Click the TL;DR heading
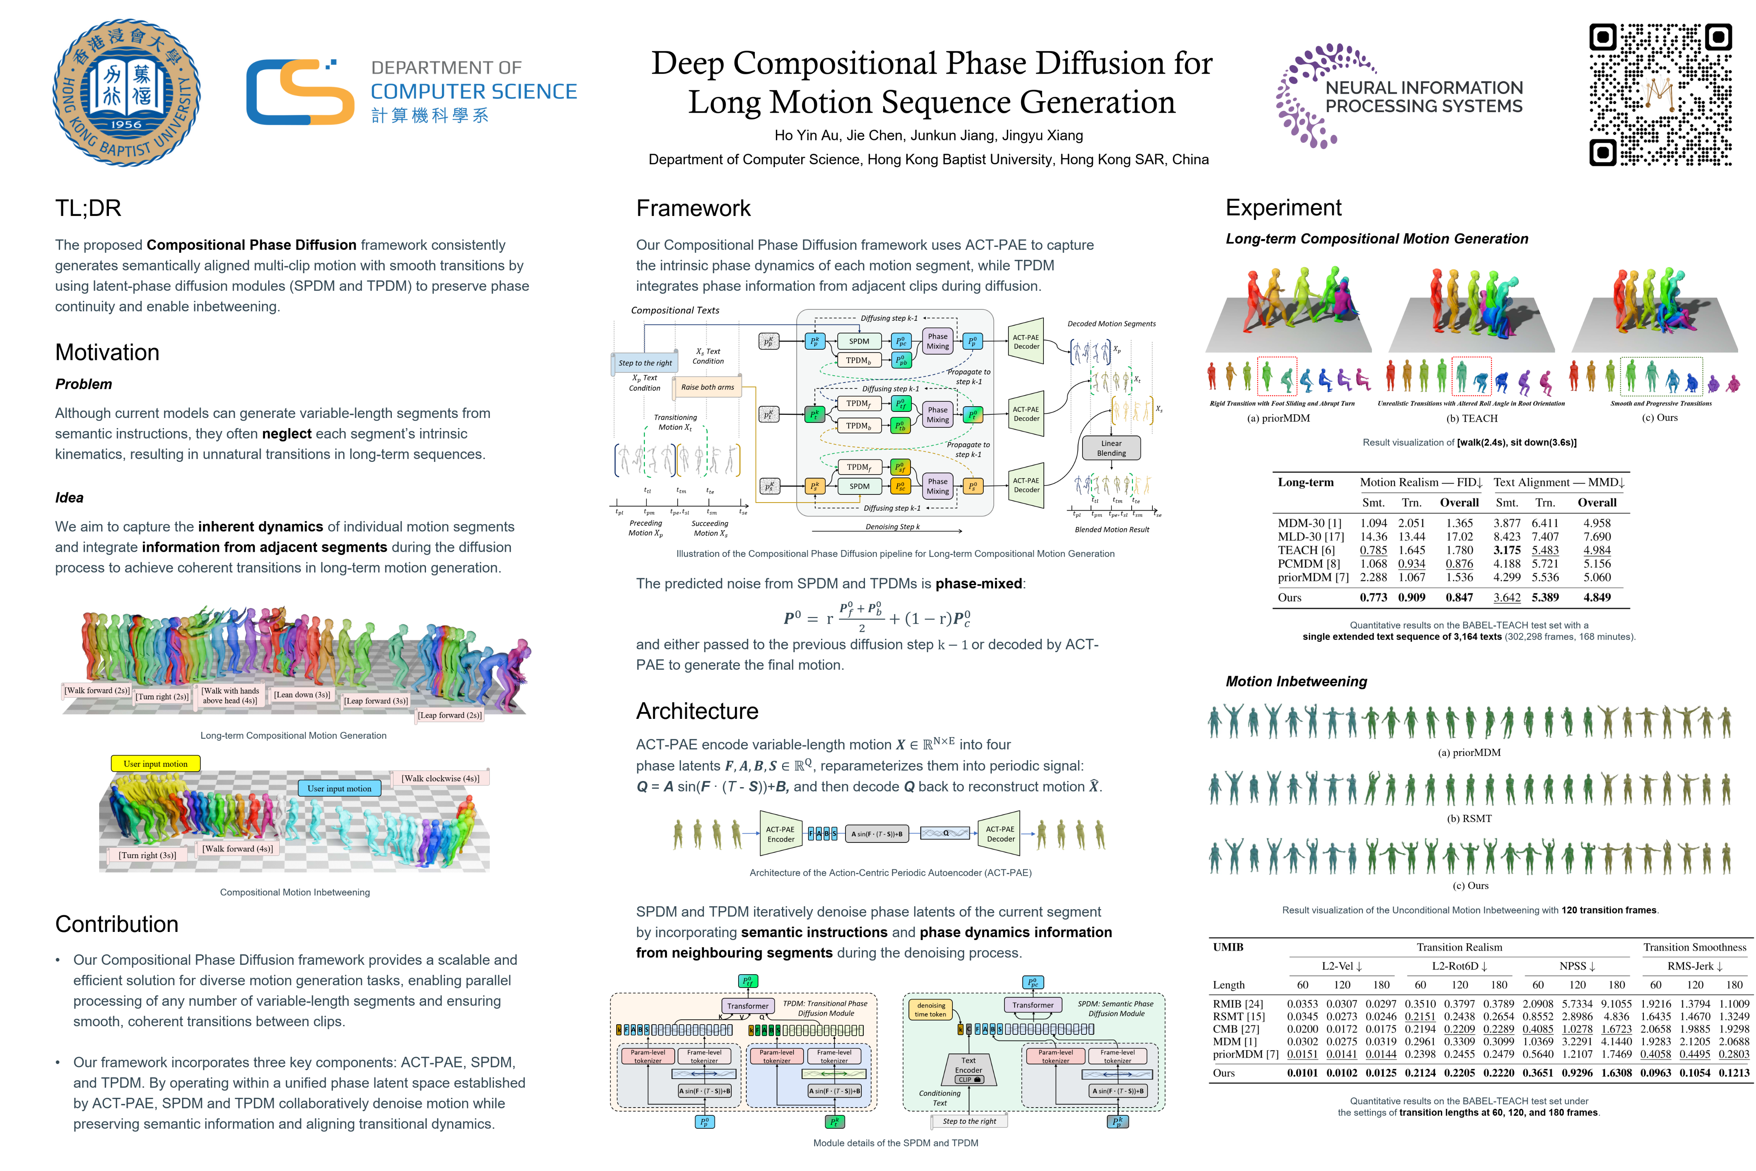point(88,208)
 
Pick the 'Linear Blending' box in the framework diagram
point(1111,448)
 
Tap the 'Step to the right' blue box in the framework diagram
point(645,363)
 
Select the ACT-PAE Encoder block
point(780,834)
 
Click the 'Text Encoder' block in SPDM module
point(968,1069)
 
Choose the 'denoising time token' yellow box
point(930,1010)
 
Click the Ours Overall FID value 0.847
point(1459,597)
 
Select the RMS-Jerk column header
point(1695,966)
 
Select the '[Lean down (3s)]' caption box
point(302,694)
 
